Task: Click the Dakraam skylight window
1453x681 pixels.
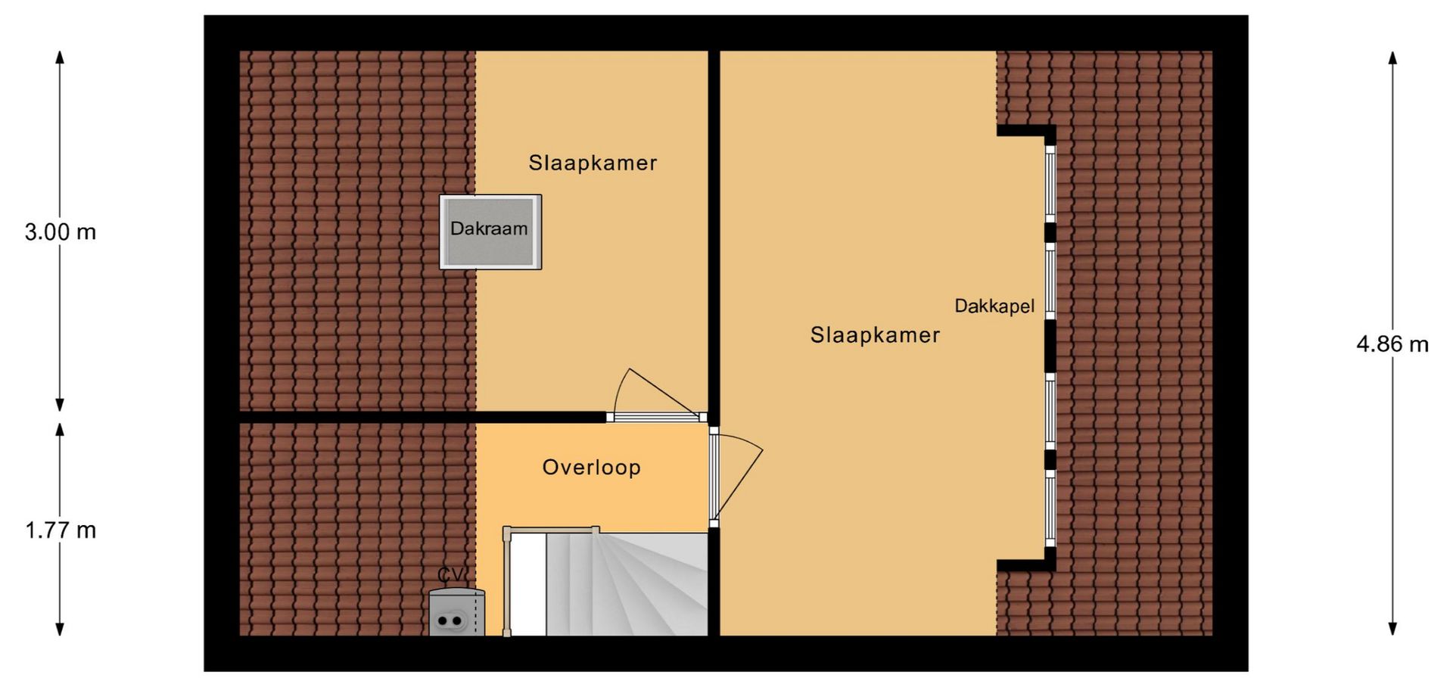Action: point(490,232)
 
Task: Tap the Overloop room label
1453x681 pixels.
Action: point(591,468)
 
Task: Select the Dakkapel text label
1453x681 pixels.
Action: point(994,306)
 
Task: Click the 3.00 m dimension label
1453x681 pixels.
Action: point(61,232)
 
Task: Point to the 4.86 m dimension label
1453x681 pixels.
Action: point(1392,345)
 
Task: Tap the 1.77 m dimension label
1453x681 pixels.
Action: point(61,530)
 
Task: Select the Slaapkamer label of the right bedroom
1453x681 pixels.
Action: point(875,335)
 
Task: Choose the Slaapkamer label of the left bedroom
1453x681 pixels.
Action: point(593,163)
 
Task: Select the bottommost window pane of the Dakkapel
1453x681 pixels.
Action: point(1050,507)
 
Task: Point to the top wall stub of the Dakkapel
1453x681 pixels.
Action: point(1026,132)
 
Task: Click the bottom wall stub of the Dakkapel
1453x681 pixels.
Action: point(1026,564)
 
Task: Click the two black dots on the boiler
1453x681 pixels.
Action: point(450,621)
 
